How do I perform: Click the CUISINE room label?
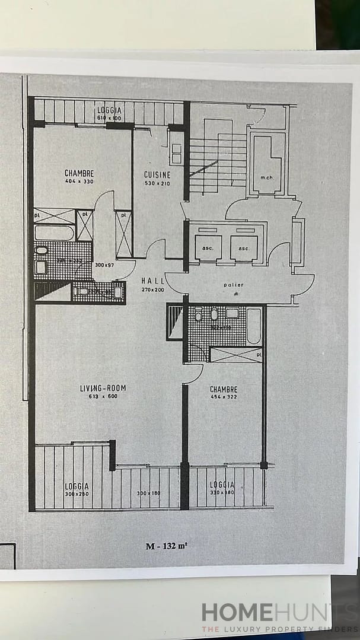coord(157,174)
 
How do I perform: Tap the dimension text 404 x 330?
coord(79,182)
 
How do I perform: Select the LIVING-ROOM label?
coord(103,389)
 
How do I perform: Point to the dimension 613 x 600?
coord(103,397)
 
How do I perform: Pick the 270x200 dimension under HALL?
coord(154,289)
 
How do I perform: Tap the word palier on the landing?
coord(234,285)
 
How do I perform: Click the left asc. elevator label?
coord(208,247)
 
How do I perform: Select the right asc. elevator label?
coord(244,247)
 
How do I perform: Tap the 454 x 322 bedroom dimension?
coord(224,397)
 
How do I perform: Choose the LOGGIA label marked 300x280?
coord(77,486)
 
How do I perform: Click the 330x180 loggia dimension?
coord(221,493)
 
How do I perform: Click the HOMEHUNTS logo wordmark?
coord(279,613)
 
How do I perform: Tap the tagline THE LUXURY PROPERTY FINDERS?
coord(279,629)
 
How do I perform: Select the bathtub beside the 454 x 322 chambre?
coord(253,326)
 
